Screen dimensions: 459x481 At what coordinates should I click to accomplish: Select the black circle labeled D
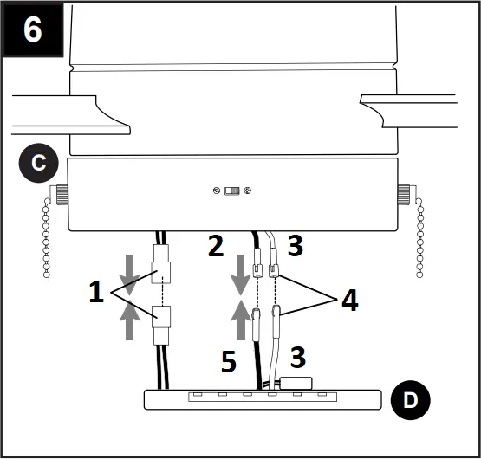click(411, 400)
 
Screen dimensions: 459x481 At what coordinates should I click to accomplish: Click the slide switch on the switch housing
click(232, 191)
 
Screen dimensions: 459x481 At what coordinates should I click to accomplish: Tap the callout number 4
click(347, 301)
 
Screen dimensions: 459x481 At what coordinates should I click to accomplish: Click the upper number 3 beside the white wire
click(295, 247)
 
